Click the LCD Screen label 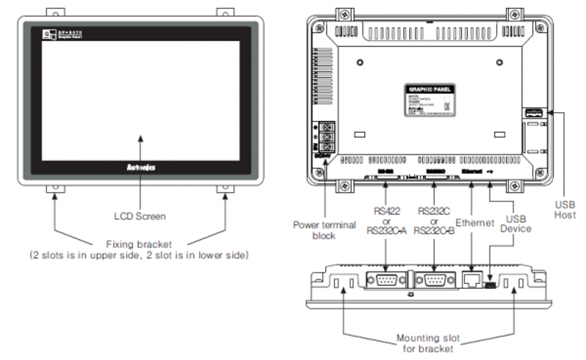click(140, 216)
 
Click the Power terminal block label click(324, 230)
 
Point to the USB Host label click(564, 209)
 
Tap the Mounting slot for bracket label click(429, 343)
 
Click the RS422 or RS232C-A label click(385, 220)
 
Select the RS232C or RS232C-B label click(434, 220)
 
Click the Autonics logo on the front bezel click(140, 167)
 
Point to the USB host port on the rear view click(531, 112)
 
